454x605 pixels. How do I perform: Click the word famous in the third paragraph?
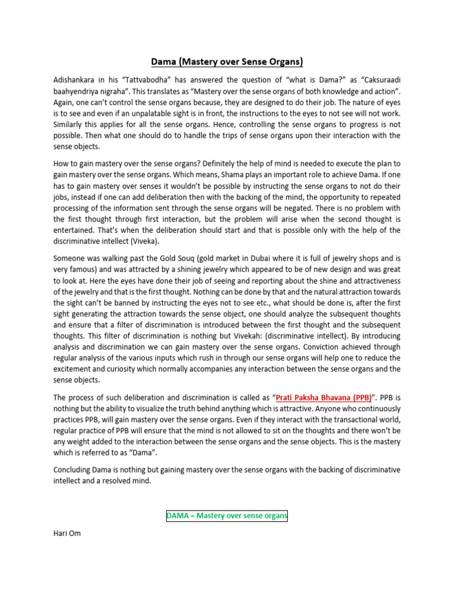click(79, 269)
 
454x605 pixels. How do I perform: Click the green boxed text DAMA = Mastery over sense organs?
click(226, 516)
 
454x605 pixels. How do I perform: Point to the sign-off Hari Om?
click(67, 533)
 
